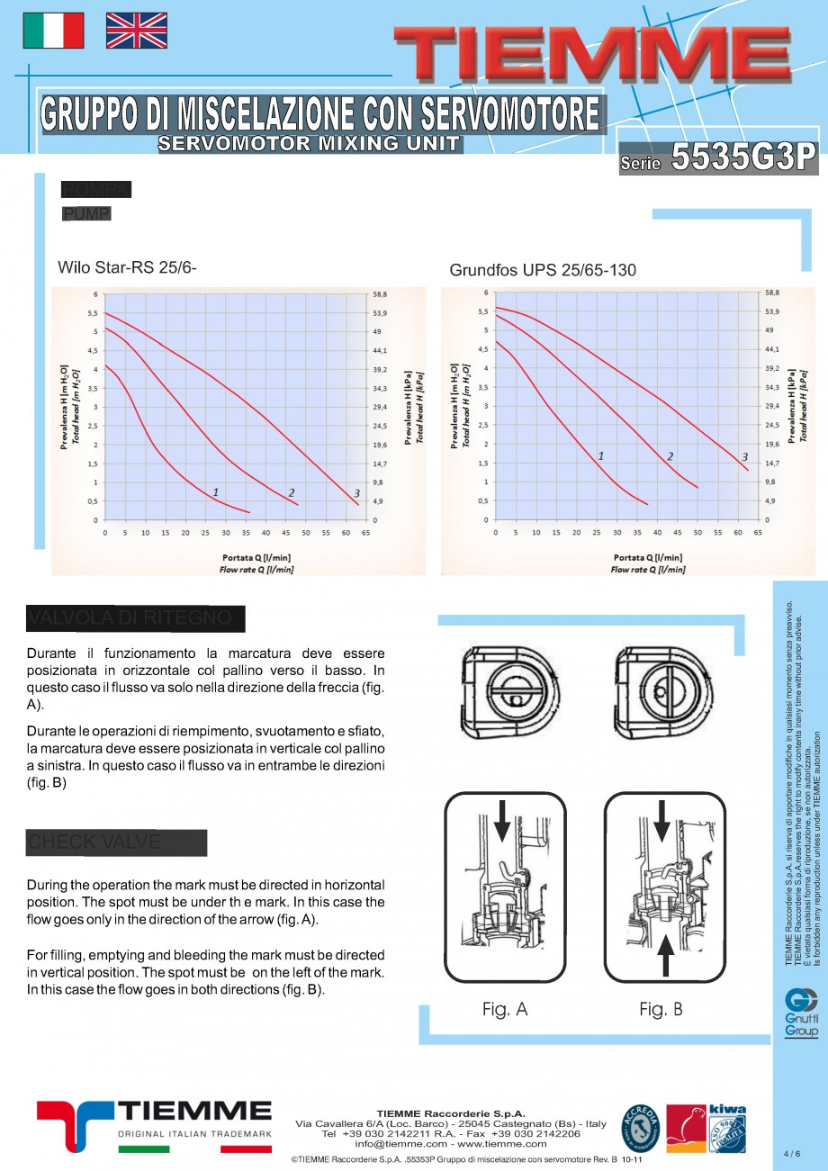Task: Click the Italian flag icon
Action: (x=53, y=31)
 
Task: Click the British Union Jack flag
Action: (x=137, y=31)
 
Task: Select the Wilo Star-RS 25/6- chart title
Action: (x=127, y=267)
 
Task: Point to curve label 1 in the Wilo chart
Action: (x=216, y=491)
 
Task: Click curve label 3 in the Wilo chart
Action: (x=357, y=493)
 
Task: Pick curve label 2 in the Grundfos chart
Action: (x=670, y=456)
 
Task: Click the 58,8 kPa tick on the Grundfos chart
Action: (x=773, y=293)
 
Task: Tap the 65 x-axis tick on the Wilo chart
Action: (x=365, y=533)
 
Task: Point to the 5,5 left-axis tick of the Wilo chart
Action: (x=93, y=313)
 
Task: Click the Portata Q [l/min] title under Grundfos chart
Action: (x=647, y=558)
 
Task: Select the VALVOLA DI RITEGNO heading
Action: (x=135, y=618)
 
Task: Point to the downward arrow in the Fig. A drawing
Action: (x=502, y=819)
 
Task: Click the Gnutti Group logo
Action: (x=801, y=1013)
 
